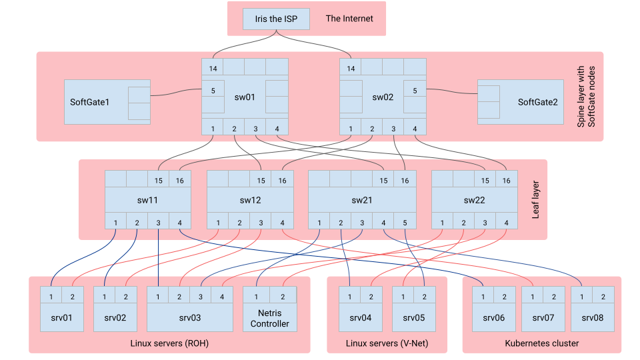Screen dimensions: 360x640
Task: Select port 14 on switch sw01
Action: (x=213, y=67)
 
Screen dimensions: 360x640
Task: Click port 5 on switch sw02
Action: (x=415, y=91)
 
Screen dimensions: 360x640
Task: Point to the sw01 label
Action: (x=245, y=97)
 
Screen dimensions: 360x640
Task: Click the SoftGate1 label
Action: (x=89, y=102)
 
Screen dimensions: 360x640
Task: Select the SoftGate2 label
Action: (x=537, y=102)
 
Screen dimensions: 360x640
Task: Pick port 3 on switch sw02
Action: (x=393, y=129)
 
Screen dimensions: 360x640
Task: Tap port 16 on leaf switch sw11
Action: (x=179, y=180)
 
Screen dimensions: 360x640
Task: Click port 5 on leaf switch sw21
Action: (x=405, y=223)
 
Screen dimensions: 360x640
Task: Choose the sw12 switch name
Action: (x=250, y=200)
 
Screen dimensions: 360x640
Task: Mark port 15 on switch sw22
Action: (x=485, y=180)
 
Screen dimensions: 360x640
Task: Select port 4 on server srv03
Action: (x=222, y=296)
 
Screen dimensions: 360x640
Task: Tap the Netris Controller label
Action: (x=269, y=319)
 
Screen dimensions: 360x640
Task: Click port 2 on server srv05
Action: (x=424, y=296)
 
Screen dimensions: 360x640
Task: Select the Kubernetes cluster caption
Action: (x=541, y=343)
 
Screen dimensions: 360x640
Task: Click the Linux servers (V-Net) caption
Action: (x=387, y=343)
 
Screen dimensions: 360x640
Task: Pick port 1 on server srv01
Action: (x=51, y=296)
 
